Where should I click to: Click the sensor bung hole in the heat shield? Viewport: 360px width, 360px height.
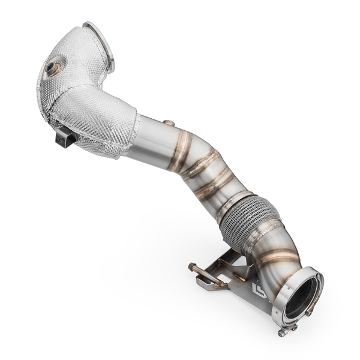coord(55,66)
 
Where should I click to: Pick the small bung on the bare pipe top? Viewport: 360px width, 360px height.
coord(170,124)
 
